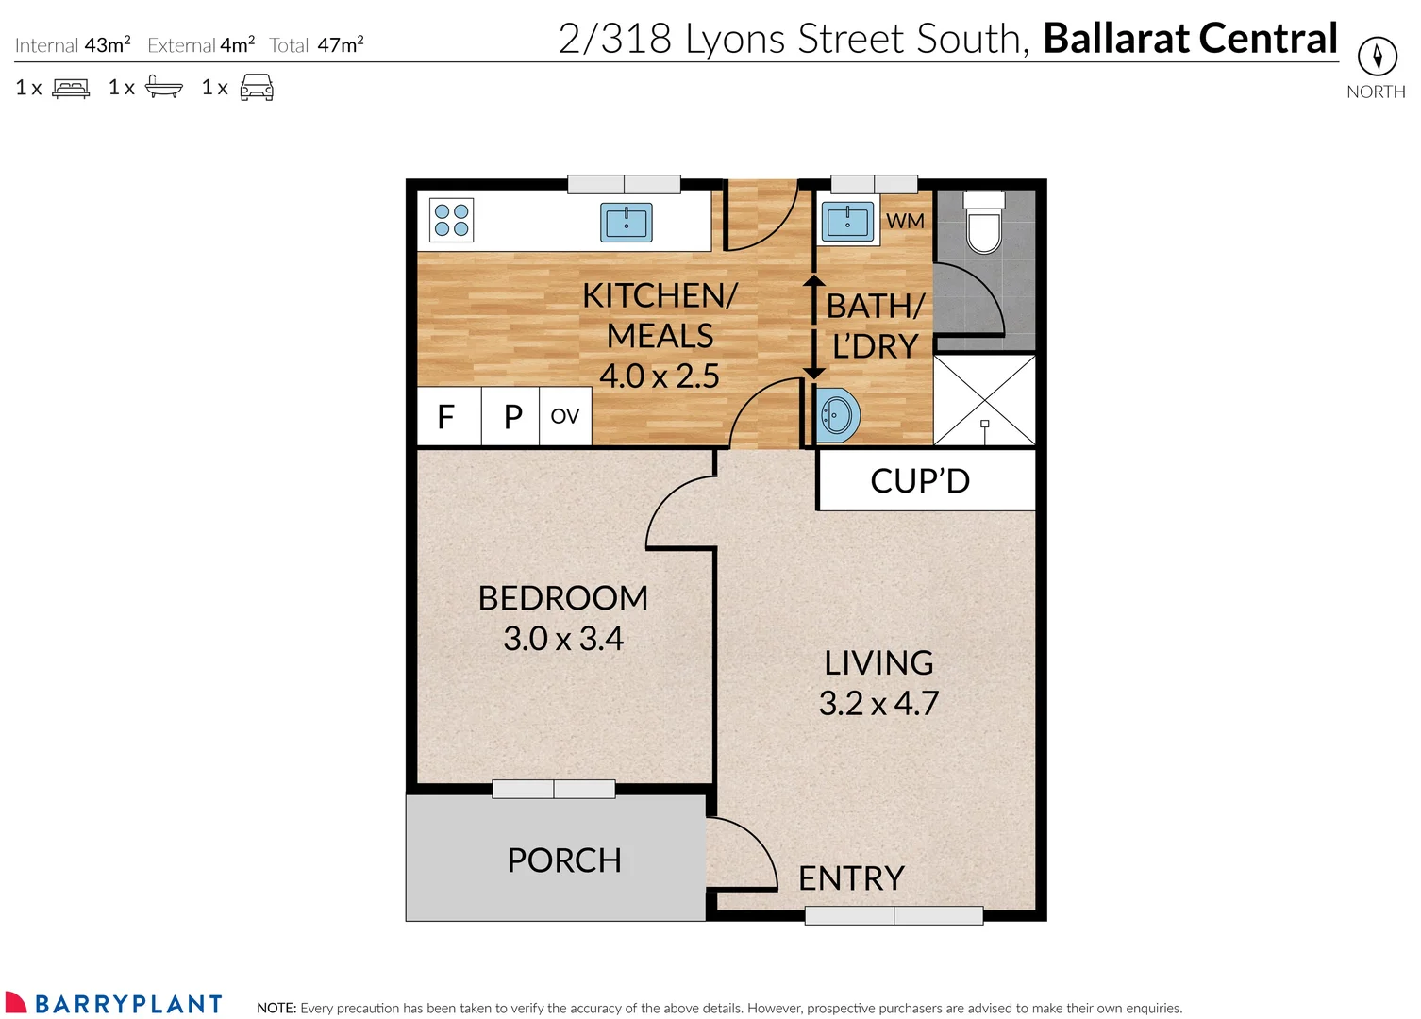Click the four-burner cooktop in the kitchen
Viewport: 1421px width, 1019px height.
point(451,221)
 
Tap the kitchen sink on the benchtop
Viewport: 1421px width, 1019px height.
point(627,223)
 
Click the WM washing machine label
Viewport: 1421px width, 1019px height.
point(905,221)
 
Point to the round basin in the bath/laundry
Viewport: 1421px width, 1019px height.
point(837,414)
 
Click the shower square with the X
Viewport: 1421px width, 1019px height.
point(984,400)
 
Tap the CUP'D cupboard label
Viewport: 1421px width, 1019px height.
point(920,481)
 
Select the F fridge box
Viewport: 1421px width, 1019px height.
point(447,416)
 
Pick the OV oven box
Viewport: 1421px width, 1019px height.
point(564,416)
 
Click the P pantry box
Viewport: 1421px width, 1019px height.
point(511,416)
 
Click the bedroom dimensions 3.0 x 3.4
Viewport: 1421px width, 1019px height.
point(563,639)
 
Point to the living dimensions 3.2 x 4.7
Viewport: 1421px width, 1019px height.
point(878,704)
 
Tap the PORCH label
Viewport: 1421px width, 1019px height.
point(564,860)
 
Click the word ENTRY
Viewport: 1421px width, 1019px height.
point(851,878)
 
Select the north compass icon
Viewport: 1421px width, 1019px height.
point(1377,58)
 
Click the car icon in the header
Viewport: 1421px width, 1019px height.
point(257,88)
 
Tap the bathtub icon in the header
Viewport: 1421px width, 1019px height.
point(164,88)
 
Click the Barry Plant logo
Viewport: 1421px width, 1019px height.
point(113,1003)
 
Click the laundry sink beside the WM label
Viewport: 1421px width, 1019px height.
point(847,223)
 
